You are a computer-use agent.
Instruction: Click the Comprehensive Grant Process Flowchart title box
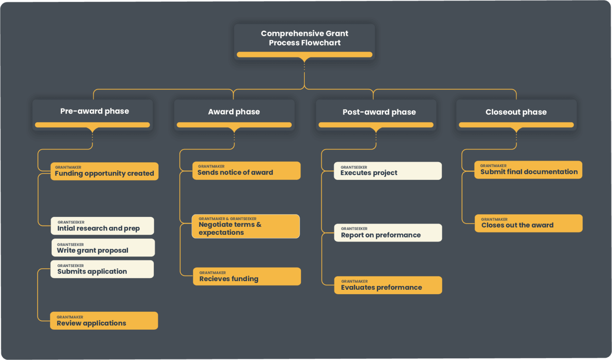click(x=304, y=38)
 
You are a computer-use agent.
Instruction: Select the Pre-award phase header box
click(x=94, y=111)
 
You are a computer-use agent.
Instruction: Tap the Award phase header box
click(x=234, y=112)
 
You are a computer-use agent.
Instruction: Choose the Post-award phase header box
click(x=379, y=112)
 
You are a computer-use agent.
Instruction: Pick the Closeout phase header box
click(x=516, y=112)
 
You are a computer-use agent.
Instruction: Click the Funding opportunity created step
click(x=104, y=171)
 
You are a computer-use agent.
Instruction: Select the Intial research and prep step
click(x=102, y=226)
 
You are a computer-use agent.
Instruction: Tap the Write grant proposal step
click(x=103, y=248)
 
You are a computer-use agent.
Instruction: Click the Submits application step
click(x=102, y=269)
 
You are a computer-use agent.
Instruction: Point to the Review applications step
click(x=104, y=321)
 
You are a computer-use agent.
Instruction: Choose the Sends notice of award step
click(x=246, y=171)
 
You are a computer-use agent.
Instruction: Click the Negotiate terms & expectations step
click(x=245, y=227)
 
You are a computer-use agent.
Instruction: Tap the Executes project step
click(x=388, y=171)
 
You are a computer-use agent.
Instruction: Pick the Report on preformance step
click(x=388, y=233)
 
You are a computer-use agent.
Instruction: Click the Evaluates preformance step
click(x=388, y=285)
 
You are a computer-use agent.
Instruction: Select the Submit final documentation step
click(x=528, y=170)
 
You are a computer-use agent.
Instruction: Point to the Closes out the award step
click(x=528, y=224)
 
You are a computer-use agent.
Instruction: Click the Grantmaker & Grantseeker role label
click(x=228, y=219)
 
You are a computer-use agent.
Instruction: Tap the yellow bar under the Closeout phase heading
click(x=516, y=125)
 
